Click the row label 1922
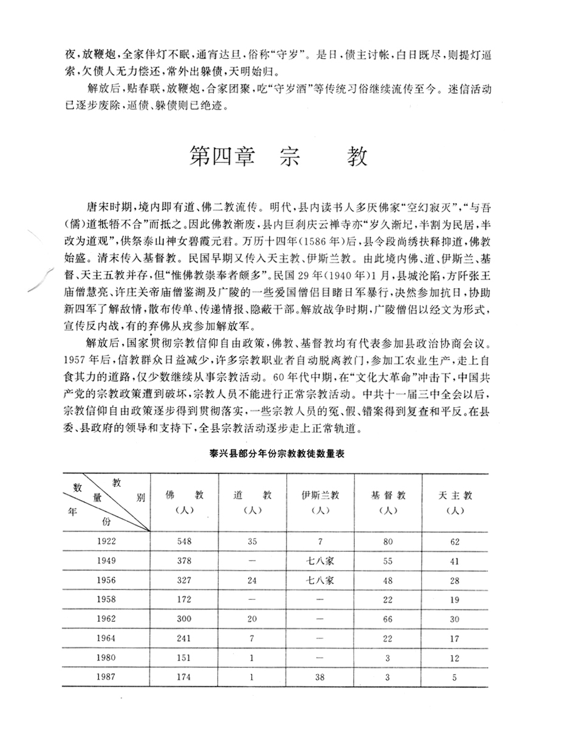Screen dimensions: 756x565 pyautogui.click(x=106, y=541)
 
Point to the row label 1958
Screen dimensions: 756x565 pyautogui.click(x=106, y=599)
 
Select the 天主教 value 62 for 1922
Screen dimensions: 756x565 pyautogui.click(x=455, y=541)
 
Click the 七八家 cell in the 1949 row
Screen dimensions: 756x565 pyautogui.click(x=320, y=560)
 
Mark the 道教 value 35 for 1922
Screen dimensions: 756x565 pyautogui.click(x=252, y=541)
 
